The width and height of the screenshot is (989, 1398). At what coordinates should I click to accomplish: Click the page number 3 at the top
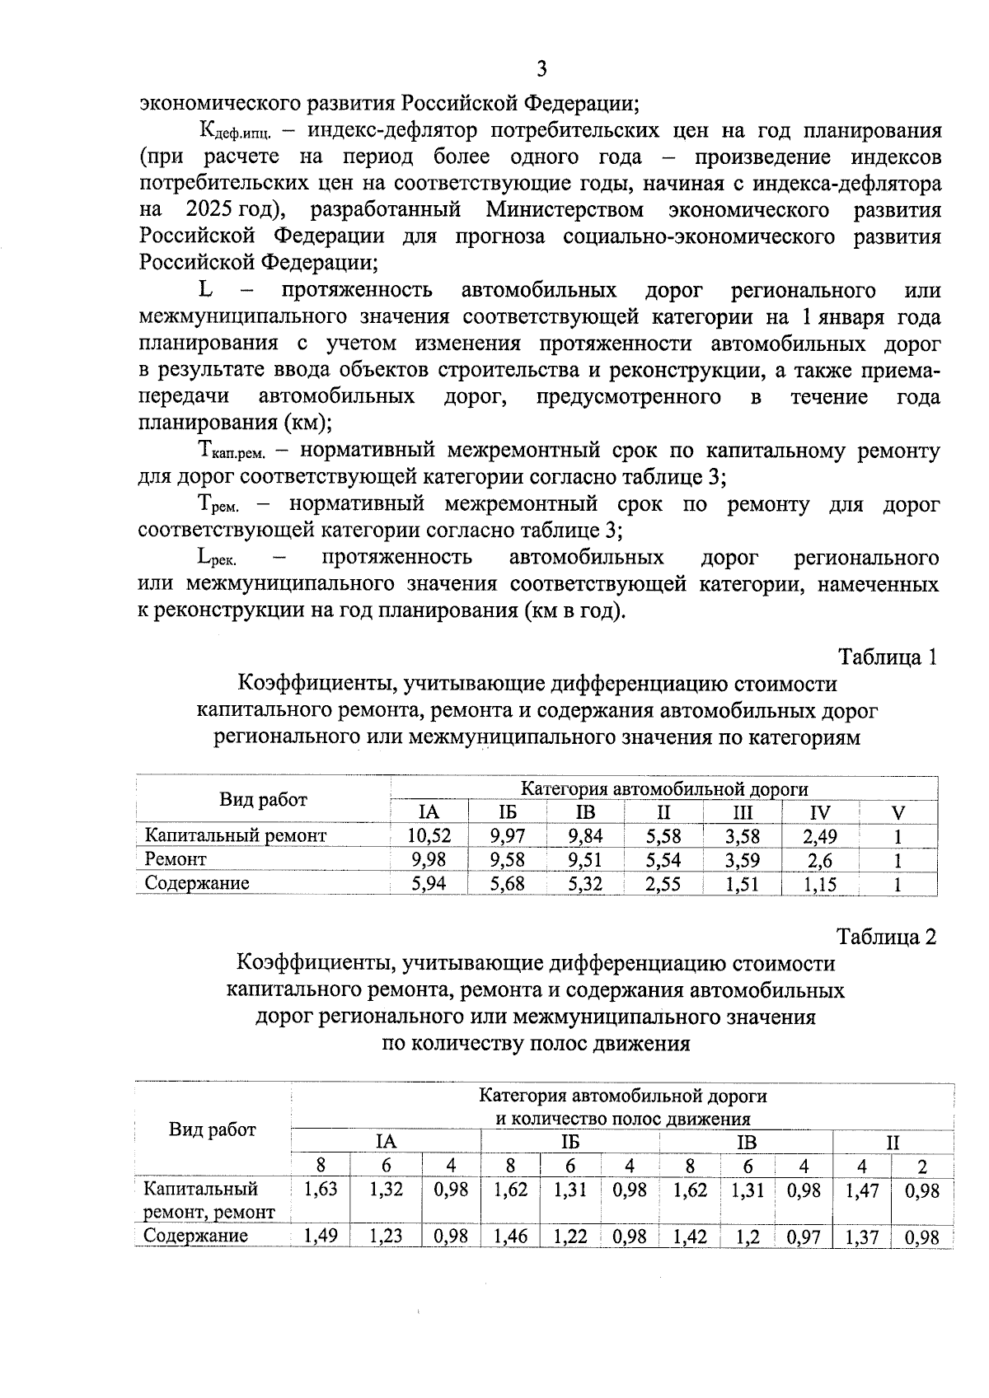click(x=541, y=68)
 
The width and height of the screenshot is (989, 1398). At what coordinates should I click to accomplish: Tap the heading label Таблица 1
click(x=887, y=657)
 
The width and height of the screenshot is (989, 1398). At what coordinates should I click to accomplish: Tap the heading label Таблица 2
click(x=887, y=937)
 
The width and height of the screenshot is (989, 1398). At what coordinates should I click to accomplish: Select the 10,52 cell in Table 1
click(x=429, y=835)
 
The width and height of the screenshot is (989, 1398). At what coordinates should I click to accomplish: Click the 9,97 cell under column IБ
click(x=507, y=835)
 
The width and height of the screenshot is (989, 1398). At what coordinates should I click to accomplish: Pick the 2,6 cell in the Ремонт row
click(x=819, y=860)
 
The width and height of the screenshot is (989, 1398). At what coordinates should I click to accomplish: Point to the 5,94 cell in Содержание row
click(x=429, y=884)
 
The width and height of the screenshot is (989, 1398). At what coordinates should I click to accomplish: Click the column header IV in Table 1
click(x=819, y=812)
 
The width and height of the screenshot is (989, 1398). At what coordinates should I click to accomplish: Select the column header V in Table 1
click(x=898, y=812)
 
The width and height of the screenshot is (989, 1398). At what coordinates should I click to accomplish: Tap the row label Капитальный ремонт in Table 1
click(x=236, y=835)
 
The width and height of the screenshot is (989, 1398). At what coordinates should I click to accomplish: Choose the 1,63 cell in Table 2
click(x=320, y=1190)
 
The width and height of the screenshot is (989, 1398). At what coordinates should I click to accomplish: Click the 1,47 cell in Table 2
click(x=861, y=1190)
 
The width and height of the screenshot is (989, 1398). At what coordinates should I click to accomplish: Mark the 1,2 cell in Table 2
click(x=748, y=1236)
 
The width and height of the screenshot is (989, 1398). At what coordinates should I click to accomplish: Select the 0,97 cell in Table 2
click(x=804, y=1236)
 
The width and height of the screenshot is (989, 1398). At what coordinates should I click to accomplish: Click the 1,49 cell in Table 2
click(x=320, y=1236)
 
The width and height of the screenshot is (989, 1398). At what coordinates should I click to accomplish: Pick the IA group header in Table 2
click(x=385, y=1142)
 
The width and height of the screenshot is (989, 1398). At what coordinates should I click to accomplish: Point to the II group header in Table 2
click(x=893, y=1142)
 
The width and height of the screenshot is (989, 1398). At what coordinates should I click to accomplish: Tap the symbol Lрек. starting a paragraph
click(x=217, y=559)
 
